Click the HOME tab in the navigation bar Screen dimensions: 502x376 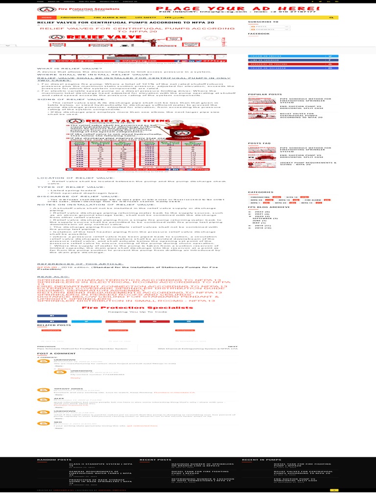tap(42, 17)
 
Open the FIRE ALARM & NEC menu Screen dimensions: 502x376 tap(103, 17)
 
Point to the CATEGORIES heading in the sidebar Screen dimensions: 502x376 tap(257, 192)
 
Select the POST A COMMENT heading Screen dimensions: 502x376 tap(49, 353)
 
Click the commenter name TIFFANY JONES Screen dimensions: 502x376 tap(62, 388)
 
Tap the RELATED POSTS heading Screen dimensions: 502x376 tap(47, 325)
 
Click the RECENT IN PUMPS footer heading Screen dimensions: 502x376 tap(257, 460)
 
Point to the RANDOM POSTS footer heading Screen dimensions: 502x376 tap(50, 460)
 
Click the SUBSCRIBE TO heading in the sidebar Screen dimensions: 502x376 tap(259, 22)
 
